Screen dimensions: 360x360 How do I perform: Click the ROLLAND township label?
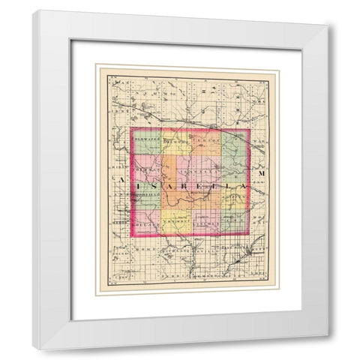pyautogui.click(x=145, y=222)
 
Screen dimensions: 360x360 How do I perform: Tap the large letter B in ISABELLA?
pyautogui.click(x=190, y=184)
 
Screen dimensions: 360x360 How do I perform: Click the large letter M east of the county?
pyautogui.click(x=262, y=174)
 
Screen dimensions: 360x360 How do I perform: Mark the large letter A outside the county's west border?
pyautogui.click(x=120, y=184)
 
